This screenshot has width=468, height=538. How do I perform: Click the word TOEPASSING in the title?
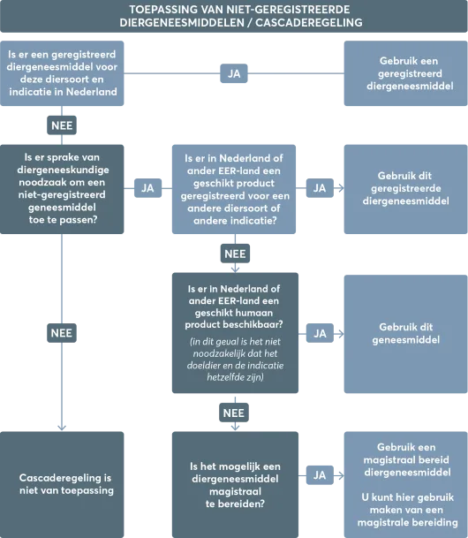(x=162, y=9)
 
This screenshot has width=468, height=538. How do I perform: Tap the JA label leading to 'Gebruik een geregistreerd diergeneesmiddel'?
(x=234, y=74)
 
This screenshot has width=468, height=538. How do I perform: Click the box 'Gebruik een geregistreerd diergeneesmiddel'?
(x=404, y=73)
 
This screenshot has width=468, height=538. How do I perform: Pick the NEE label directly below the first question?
(x=62, y=125)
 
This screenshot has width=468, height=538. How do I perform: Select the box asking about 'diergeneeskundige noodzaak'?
(x=62, y=187)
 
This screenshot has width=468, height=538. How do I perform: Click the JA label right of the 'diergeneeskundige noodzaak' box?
(x=147, y=187)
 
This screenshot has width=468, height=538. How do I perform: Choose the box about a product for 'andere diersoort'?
(x=234, y=189)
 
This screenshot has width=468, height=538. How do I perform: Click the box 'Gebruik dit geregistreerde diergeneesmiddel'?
(x=404, y=187)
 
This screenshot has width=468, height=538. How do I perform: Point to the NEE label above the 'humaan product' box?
(x=234, y=254)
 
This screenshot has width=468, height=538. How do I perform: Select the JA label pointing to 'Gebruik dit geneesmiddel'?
(x=320, y=333)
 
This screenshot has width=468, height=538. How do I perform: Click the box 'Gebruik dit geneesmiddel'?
(x=404, y=333)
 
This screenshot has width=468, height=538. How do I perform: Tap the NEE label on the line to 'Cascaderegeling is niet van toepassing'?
(x=62, y=333)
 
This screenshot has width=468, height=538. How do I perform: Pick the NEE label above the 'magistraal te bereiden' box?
(x=234, y=413)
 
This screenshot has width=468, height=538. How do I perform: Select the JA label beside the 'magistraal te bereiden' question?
(x=320, y=475)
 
